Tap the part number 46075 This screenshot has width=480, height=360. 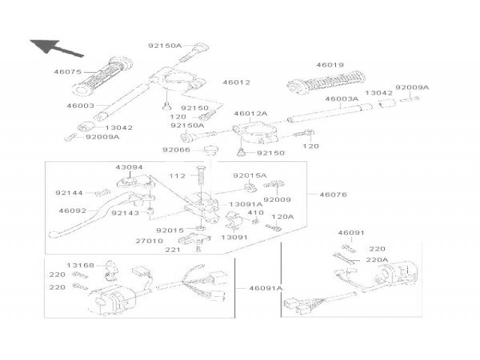(67, 73)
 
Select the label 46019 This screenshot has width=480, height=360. (329, 65)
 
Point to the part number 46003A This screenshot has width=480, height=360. (340, 99)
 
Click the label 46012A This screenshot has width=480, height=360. (250, 114)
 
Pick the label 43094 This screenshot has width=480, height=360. (128, 167)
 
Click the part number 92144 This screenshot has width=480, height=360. (68, 193)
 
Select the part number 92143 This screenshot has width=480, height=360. (124, 212)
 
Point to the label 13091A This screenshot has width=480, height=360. (245, 204)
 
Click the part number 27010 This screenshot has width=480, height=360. (149, 241)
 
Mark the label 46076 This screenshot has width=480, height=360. (334, 195)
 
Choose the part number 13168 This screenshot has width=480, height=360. (80, 265)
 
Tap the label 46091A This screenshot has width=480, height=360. (266, 288)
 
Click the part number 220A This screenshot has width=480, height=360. (378, 259)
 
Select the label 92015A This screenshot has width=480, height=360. (249, 175)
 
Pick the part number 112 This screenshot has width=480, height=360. (177, 176)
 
